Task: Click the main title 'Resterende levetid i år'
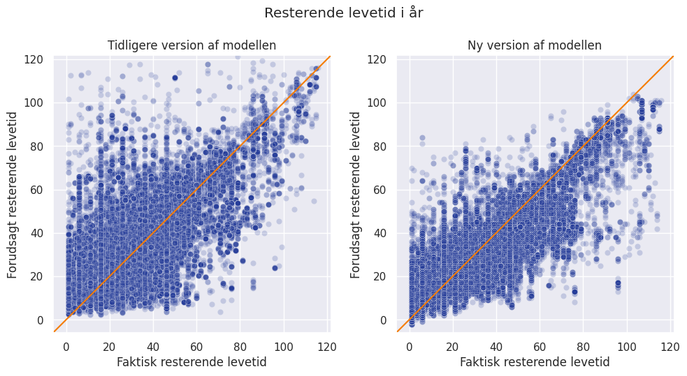pos(343,13)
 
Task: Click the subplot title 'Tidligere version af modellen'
pos(191,45)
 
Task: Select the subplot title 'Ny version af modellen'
pos(535,45)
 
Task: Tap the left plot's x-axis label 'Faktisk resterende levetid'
pos(191,362)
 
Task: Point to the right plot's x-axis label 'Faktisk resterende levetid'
pos(535,362)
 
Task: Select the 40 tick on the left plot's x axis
pos(152,347)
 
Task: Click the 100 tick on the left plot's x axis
pos(283,347)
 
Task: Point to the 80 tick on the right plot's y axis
pos(381,146)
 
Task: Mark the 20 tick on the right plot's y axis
pos(381,277)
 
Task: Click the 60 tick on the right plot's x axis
pos(540,347)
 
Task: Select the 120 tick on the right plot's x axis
pos(670,347)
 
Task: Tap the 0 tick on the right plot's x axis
pos(410,347)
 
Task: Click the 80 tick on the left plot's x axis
pos(240,347)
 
